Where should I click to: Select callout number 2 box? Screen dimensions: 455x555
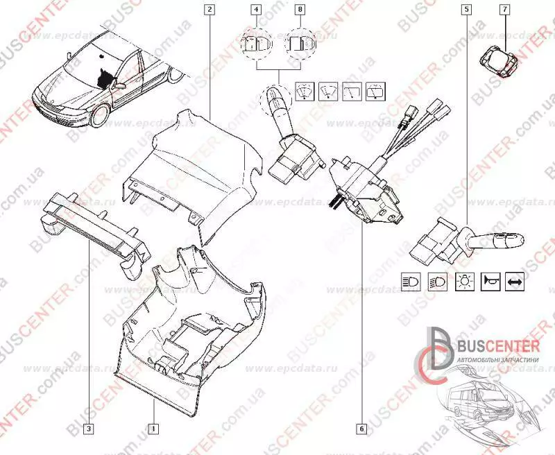point(210,10)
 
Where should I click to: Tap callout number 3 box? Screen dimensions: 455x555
point(88,428)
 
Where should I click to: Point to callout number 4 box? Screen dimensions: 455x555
point(257,10)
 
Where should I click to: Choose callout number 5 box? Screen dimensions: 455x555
point(466,10)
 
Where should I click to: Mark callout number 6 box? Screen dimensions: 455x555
point(361,428)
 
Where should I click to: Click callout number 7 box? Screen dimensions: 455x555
point(504,10)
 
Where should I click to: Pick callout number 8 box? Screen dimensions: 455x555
point(300,10)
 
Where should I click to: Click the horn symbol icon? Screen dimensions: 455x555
point(490,282)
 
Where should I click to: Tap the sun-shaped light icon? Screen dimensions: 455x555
point(463,282)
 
